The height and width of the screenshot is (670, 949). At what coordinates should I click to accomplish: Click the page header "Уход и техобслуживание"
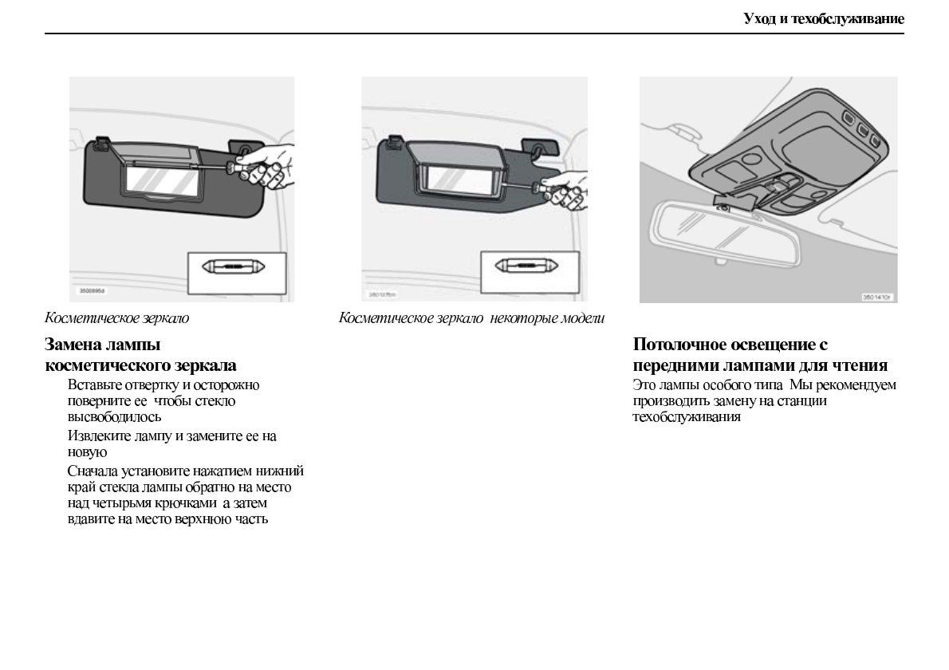pos(824,18)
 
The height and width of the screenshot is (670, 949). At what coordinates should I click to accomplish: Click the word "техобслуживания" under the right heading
pos(687,416)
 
